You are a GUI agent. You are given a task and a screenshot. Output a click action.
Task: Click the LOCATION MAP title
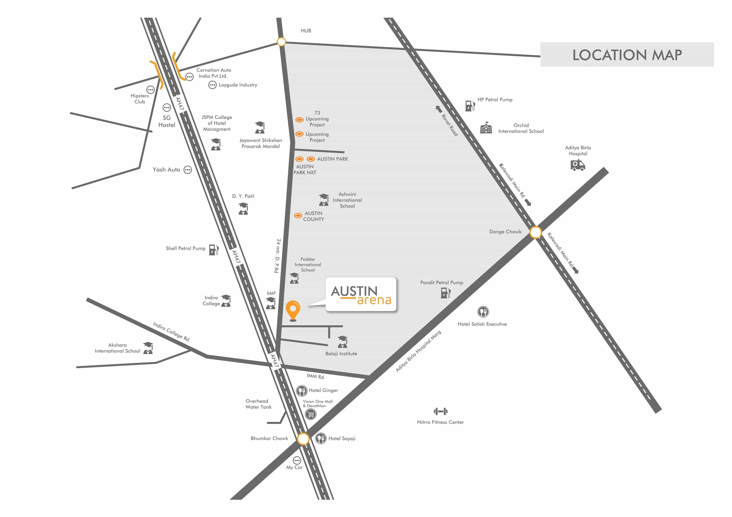tap(627, 55)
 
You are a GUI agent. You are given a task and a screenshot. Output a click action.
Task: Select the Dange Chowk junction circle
tap(536, 232)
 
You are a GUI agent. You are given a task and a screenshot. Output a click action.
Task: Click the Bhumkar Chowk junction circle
tap(303, 439)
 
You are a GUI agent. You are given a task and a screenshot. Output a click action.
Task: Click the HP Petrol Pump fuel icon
tap(470, 105)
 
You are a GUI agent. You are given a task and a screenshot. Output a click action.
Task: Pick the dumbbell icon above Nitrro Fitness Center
tap(440, 411)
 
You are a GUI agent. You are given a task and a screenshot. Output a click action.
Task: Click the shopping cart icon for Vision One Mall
tap(310, 414)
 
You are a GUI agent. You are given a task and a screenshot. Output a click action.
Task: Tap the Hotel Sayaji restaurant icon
tap(321, 439)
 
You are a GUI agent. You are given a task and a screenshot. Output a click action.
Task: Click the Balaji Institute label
tap(341, 354)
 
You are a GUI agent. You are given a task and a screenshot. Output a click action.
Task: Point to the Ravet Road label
tap(449, 125)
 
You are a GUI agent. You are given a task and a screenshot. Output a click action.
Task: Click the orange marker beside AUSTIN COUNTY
tap(298, 216)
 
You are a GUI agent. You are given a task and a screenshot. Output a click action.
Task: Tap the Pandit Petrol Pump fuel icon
tap(445, 292)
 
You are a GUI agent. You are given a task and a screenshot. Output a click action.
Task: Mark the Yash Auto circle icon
tap(188, 170)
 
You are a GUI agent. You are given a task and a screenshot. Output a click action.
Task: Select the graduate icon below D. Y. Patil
tap(243, 209)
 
